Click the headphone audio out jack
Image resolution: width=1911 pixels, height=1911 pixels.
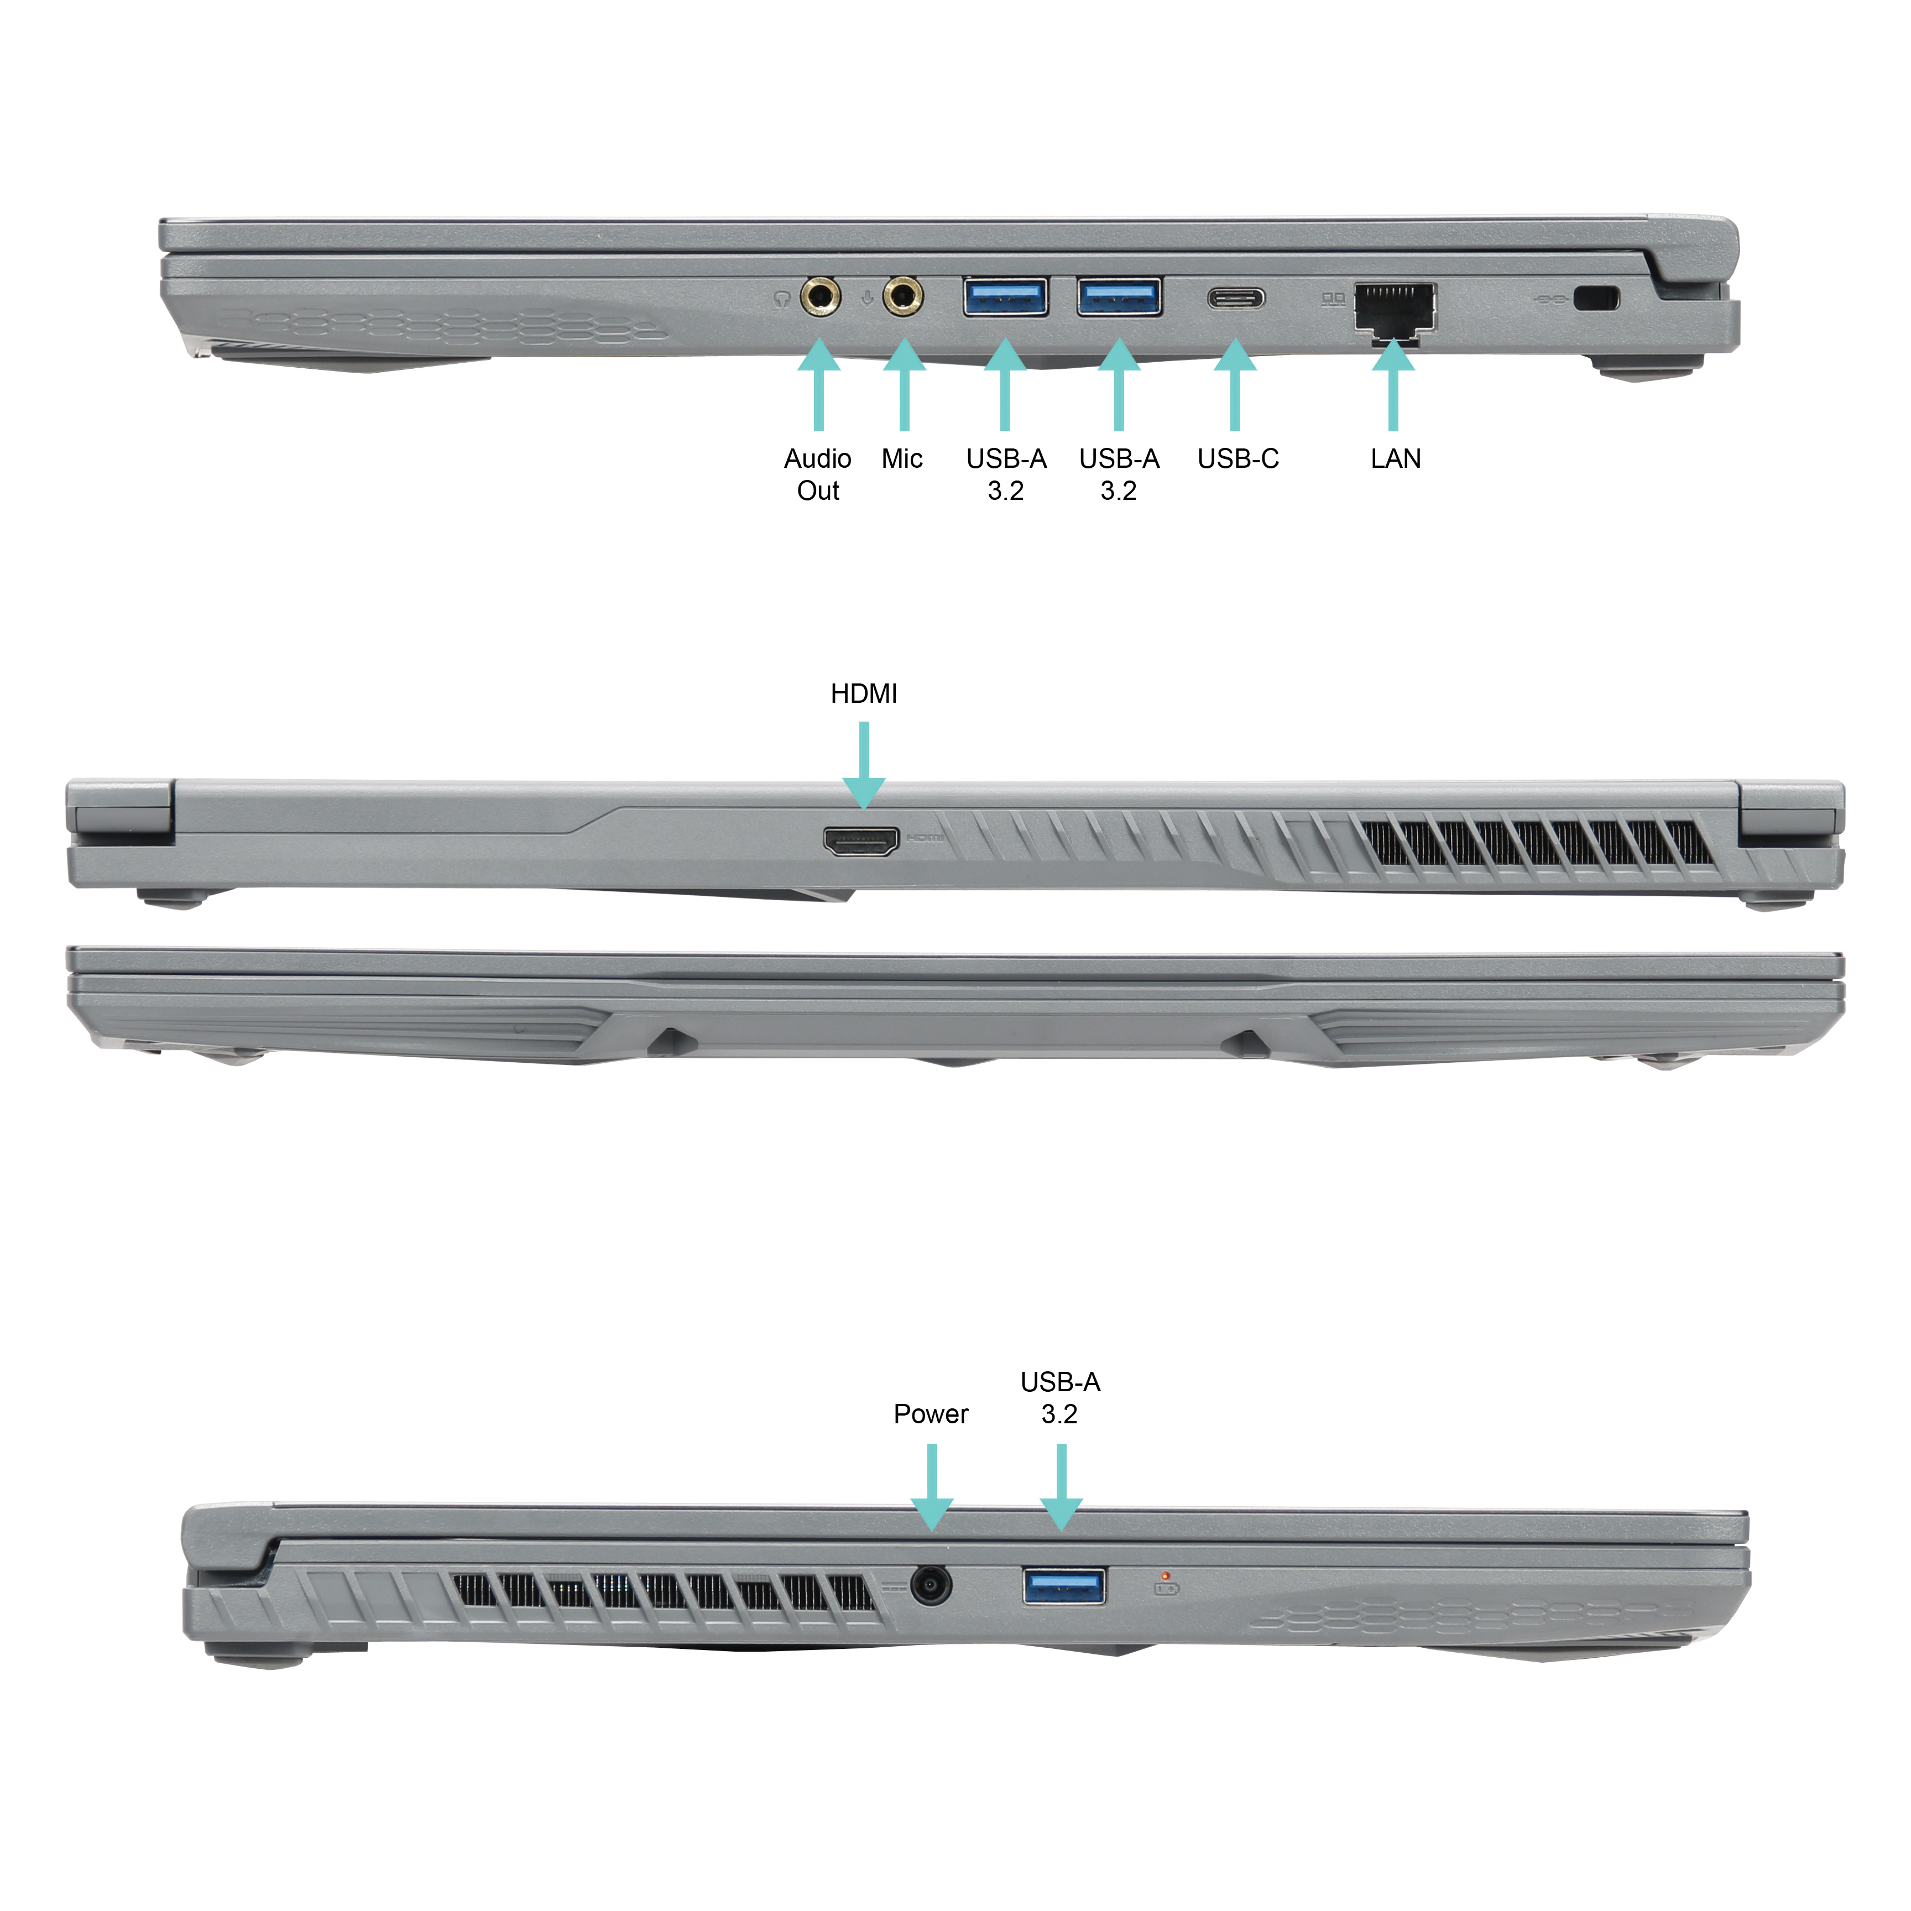[820, 296]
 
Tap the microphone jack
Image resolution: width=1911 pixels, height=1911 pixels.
[903, 296]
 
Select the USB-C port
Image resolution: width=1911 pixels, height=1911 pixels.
[1235, 297]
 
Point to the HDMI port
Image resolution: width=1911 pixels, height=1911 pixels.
[861, 842]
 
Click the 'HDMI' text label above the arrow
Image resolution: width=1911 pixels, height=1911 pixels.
[864, 693]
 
